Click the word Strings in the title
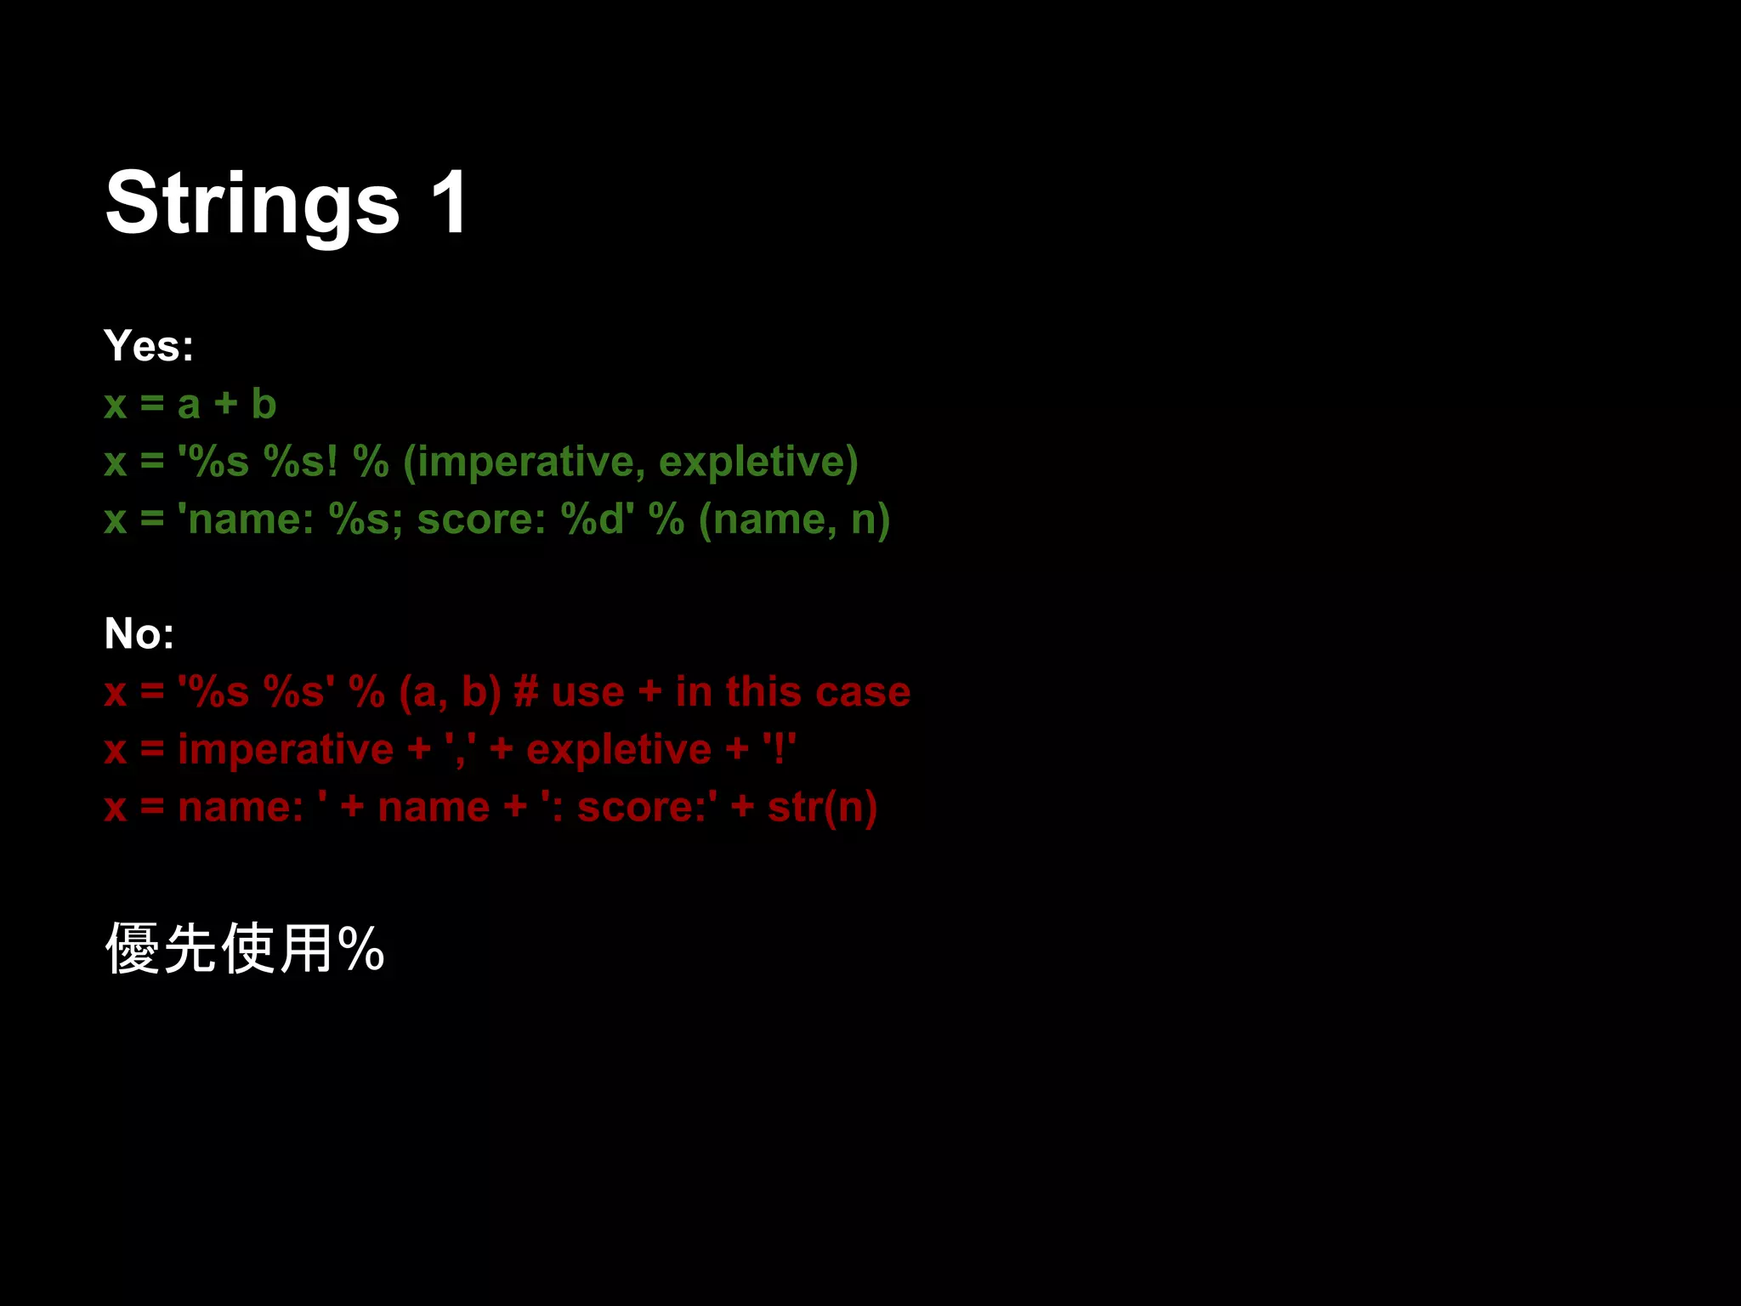coord(252,204)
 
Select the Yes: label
coord(149,346)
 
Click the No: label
coord(139,633)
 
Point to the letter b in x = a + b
coord(264,404)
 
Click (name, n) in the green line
coord(793,520)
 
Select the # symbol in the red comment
coord(525,691)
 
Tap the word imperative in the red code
coord(286,750)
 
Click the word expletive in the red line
coord(618,750)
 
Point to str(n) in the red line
coord(822,807)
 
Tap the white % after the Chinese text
coord(360,949)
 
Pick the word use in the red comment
coord(587,692)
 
